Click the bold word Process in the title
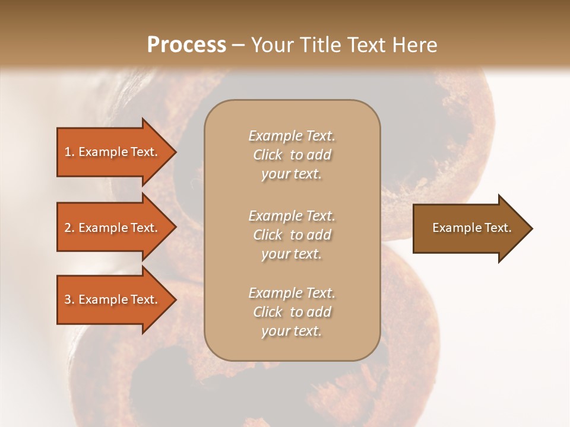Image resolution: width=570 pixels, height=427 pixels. click(x=186, y=45)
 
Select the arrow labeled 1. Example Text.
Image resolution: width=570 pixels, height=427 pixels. click(x=113, y=152)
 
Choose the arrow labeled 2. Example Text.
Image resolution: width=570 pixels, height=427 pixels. click(x=113, y=228)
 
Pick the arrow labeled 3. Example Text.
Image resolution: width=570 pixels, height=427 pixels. click(x=113, y=299)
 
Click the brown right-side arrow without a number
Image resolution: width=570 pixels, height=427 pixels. click(x=469, y=228)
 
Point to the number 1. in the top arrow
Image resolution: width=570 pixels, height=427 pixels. click(x=69, y=152)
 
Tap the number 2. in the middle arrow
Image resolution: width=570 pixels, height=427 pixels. click(x=69, y=228)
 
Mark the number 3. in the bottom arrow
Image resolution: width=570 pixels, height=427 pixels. click(x=69, y=299)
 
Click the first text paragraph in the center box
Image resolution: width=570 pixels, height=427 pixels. click(x=292, y=155)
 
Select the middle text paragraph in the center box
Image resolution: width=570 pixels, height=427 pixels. click(x=292, y=235)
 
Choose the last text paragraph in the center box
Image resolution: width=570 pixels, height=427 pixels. click(x=292, y=312)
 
